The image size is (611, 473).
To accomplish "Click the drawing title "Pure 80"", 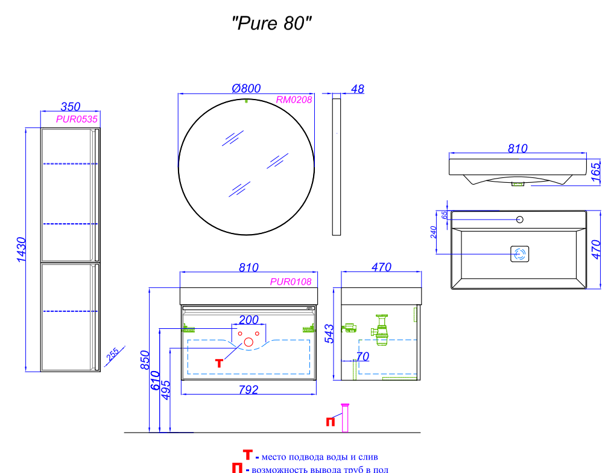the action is pyautogui.click(x=271, y=24).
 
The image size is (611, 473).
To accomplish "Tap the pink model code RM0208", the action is pyautogui.click(x=294, y=100).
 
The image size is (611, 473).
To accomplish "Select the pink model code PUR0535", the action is pyautogui.click(x=77, y=119).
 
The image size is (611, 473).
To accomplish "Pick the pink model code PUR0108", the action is pyautogui.click(x=291, y=282).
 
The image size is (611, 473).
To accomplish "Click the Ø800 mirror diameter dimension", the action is pyautogui.click(x=246, y=89).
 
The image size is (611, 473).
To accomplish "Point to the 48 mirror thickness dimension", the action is pyautogui.click(x=357, y=89).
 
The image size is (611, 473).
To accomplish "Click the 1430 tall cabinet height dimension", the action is pyautogui.click(x=22, y=249).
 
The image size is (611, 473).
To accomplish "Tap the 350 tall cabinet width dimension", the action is pyautogui.click(x=71, y=106).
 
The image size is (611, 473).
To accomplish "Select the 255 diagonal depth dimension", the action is pyautogui.click(x=113, y=355).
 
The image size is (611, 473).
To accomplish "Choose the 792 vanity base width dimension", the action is pyautogui.click(x=249, y=390).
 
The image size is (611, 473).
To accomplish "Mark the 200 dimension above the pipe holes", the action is pyautogui.click(x=249, y=320).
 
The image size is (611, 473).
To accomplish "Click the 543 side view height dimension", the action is pyautogui.click(x=329, y=334).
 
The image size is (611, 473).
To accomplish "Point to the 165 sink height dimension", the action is pyautogui.click(x=596, y=172).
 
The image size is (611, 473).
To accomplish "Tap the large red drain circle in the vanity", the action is pyautogui.click(x=249, y=343).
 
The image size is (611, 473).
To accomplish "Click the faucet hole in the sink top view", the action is pyautogui.click(x=519, y=220).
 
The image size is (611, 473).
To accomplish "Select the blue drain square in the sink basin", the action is pyautogui.click(x=520, y=254).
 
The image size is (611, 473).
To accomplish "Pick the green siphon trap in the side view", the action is pyautogui.click(x=381, y=330).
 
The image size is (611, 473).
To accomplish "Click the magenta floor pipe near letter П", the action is pyautogui.click(x=345, y=418).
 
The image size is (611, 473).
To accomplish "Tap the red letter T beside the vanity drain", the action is pyautogui.click(x=220, y=363).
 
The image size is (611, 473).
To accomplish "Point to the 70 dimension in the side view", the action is pyautogui.click(x=362, y=357).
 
